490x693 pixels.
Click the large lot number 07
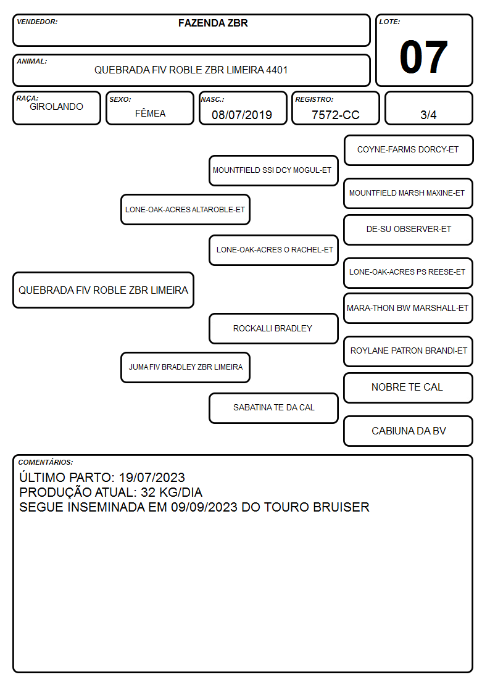[x=423, y=57]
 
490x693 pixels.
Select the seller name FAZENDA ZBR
[x=213, y=23]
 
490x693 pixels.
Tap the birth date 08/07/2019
[x=242, y=115]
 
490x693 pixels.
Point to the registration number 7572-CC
[x=335, y=115]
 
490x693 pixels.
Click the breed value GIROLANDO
[x=56, y=107]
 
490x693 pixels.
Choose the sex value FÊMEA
[x=150, y=113]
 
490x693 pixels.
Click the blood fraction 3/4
[x=428, y=115]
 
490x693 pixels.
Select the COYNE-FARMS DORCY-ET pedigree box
[x=409, y=151]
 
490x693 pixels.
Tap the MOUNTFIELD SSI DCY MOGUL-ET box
[x=273, y=170]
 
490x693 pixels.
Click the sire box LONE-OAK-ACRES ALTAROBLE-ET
[x=185, y=209]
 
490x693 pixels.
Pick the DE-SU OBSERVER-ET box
[x=409, y=230]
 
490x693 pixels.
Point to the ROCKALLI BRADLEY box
[x=273, y=328]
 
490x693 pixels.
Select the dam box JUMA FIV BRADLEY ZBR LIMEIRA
[x=185, y=367]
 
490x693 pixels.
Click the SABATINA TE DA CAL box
[x=273, y=408]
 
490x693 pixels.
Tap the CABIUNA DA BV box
[x=409, y=431]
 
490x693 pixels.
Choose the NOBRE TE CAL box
[x=409, y=388]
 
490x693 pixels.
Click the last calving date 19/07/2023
[x=152, y=477]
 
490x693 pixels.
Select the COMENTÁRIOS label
[x=46, y=462]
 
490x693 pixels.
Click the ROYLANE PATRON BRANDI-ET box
[x=409, y=351]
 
